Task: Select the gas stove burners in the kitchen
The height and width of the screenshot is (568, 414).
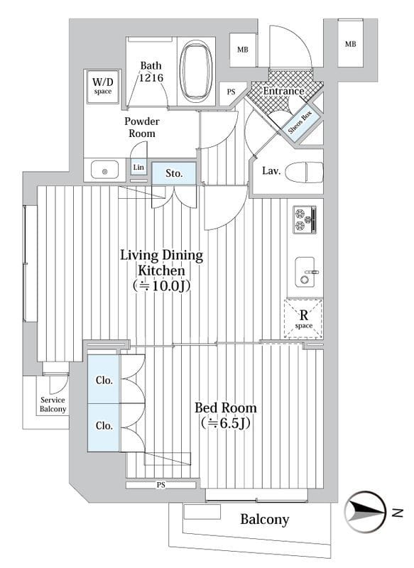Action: pos(305,219)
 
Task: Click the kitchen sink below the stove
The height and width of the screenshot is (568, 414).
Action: pos(305,272)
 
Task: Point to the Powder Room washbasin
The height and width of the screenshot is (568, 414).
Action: pos(104,170)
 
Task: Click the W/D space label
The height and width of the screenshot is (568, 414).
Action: pos(102,85)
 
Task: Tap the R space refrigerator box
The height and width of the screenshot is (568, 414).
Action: pos(303,318)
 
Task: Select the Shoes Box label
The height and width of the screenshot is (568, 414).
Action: pos(300,121)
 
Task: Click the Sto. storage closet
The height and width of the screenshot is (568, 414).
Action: pos(174,173)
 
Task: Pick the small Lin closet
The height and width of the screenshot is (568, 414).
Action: pos(138,168)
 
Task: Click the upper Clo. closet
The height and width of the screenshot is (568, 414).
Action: pos(103,379)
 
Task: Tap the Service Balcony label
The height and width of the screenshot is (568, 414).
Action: pos(53,405)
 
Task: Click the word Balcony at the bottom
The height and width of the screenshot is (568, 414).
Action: pos(265,520)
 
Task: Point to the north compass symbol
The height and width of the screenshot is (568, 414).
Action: pos(365,512)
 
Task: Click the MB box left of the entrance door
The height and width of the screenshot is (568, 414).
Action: pos(243,50)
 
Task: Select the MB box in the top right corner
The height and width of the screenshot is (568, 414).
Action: pos(350,44)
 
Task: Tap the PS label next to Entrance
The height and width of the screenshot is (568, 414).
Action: pos(231,92)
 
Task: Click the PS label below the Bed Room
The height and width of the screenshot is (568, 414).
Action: pos(161,484)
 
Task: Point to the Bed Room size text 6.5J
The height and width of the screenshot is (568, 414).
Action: pos(226,422)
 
